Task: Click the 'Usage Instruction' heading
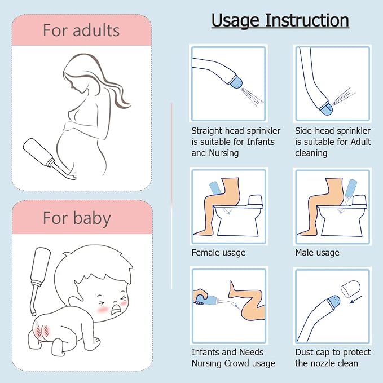(280, 20)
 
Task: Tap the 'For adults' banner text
(81, 30)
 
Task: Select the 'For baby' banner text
(77, 218)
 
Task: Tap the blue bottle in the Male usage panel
(350, 189)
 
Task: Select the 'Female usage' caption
(218, 252)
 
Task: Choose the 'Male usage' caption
(317, 252)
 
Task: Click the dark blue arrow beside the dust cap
(356, 300)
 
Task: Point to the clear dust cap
(350, 289)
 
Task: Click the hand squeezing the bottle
(200, 297)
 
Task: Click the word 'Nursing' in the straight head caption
(223, 153)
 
